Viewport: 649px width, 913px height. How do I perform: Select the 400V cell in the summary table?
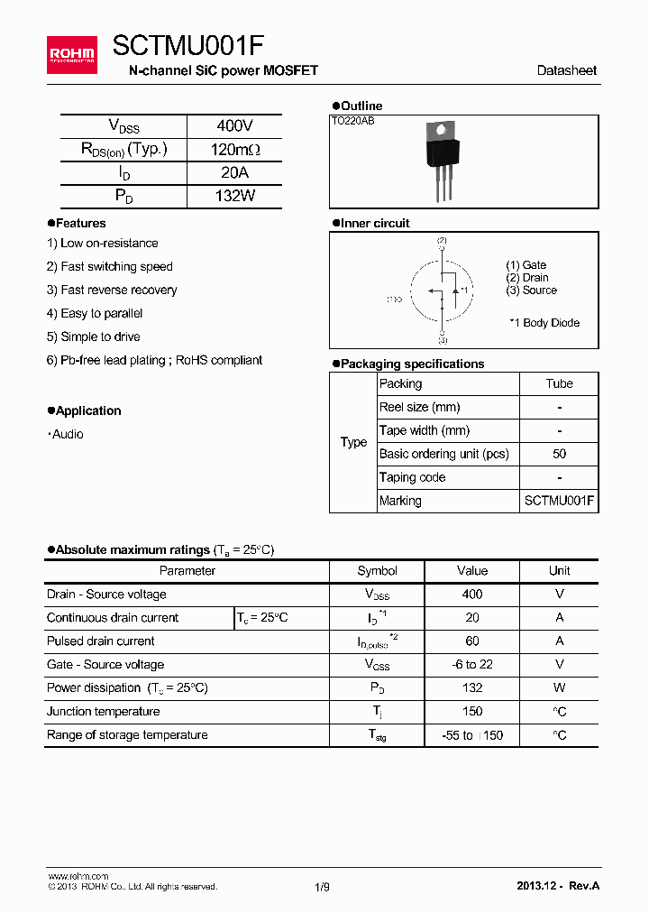pos(234,126)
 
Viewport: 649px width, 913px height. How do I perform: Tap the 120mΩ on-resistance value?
pos(234,150)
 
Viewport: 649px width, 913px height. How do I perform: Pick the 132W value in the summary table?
pos(234,196)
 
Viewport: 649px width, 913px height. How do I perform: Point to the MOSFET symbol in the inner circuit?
pos(442,290)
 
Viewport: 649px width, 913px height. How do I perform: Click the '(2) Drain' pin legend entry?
pos(527,278)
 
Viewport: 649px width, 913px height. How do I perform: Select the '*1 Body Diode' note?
pos(544,323)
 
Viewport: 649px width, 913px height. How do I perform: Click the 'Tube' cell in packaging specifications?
pos(559,384)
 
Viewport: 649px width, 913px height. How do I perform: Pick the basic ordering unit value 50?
pos(559,455)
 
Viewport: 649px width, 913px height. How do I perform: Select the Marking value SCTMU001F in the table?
pos(559,502)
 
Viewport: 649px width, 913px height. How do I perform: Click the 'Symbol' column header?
pos(377,571)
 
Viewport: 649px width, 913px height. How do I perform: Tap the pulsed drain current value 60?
pos(471,641)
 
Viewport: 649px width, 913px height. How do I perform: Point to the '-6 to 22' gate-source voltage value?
pos(471,665)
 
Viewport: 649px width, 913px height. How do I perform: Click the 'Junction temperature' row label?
pos(103,712)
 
